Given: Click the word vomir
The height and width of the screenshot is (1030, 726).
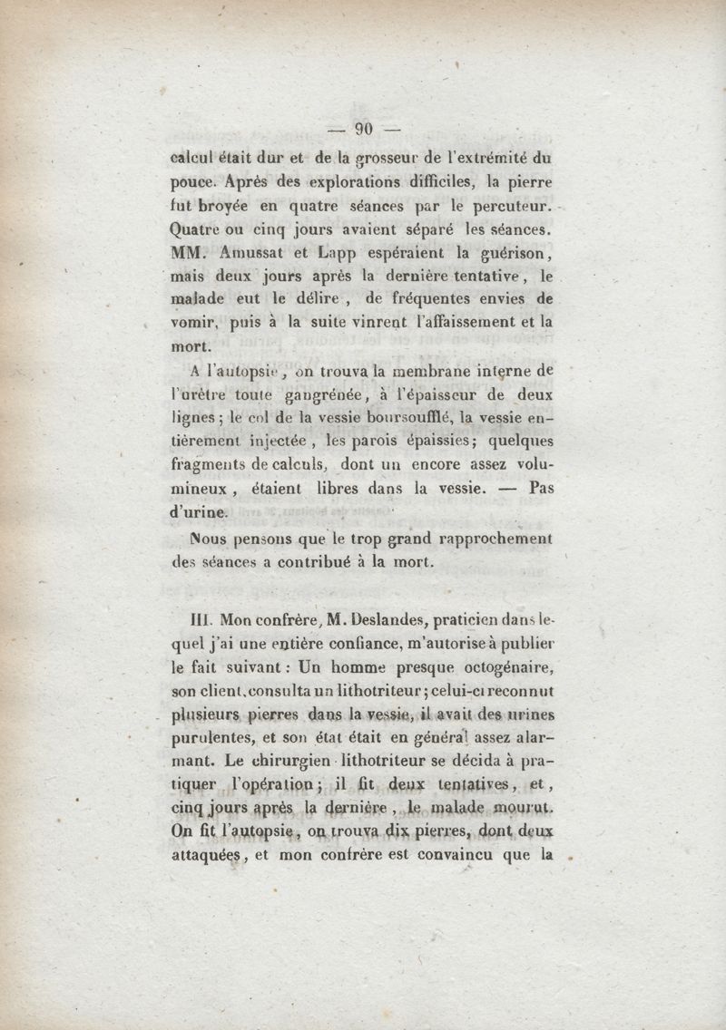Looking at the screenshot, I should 194,321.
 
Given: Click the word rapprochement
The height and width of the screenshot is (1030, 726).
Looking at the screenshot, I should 491,539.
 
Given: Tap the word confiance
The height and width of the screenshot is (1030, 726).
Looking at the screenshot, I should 328,644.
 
